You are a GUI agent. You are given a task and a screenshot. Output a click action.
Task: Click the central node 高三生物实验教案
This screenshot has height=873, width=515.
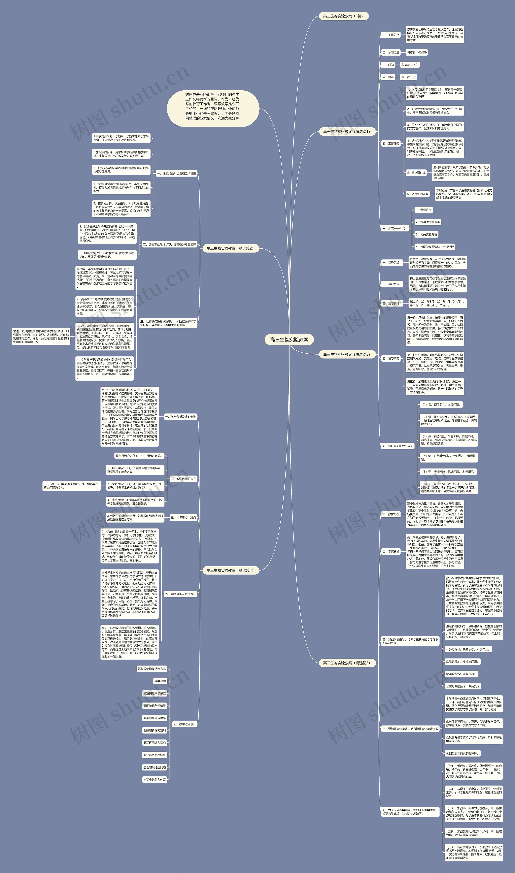(x=289, y=339)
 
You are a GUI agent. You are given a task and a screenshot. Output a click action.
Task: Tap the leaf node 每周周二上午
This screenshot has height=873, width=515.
(x=410, y=65)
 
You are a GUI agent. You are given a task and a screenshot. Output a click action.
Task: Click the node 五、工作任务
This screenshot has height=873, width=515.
(x=391, y=143)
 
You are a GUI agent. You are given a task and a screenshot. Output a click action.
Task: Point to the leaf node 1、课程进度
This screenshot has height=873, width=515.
(x=423, y=210)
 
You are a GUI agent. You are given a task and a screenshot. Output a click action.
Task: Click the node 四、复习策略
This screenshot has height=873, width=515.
(x=391, y=358)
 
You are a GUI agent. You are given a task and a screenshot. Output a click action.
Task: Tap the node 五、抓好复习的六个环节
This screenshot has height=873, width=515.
(x=398, y=446)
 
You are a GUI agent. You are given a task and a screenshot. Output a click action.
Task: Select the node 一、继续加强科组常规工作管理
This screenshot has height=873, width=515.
(x=176, y=173)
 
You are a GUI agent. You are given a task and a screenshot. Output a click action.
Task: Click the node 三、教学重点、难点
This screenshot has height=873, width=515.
(x=183, y=518)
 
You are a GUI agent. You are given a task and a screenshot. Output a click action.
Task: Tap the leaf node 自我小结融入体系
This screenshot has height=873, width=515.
(x=155, y=780)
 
